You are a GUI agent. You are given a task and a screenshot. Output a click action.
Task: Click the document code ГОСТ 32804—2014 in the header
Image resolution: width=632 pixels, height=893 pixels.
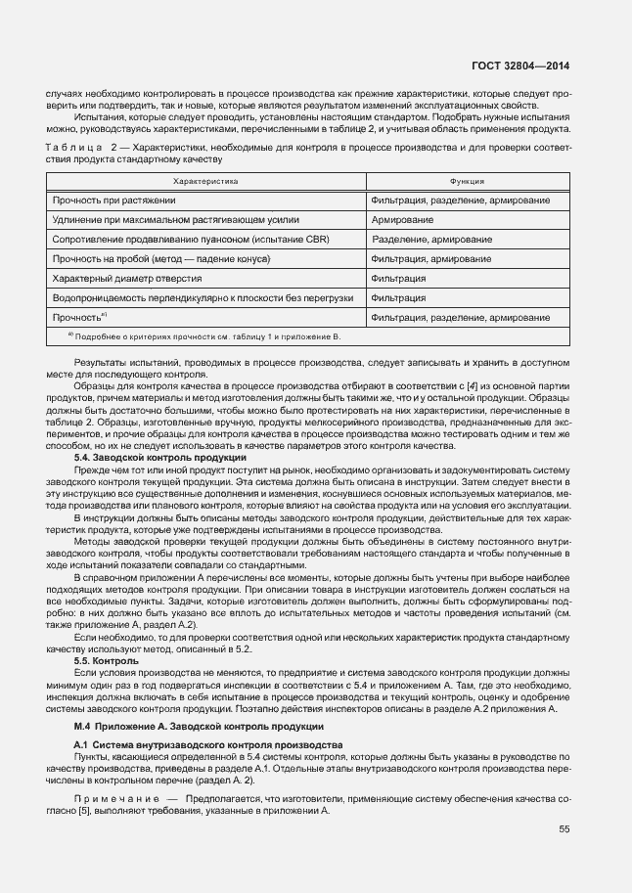[x=519, y=67]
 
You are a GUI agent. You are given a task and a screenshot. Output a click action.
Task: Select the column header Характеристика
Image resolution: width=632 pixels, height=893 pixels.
[x=205, y=182]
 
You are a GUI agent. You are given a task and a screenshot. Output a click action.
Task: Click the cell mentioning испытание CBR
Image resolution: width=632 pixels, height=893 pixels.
[x=191, y=240]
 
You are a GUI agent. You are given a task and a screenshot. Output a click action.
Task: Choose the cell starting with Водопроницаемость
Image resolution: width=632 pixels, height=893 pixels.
[x=203, y=298]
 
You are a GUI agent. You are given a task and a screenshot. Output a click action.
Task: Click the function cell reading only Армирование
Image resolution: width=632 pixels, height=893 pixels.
[x=402, y=220]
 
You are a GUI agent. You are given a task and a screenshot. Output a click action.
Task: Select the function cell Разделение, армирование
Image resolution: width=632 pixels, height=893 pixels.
[x=431, y=240]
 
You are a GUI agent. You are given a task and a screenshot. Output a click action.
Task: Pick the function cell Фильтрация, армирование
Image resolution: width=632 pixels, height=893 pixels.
[x=431, y=259]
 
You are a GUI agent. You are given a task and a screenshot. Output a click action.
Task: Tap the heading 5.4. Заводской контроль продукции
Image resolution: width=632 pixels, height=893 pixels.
[x=159, y=458]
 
